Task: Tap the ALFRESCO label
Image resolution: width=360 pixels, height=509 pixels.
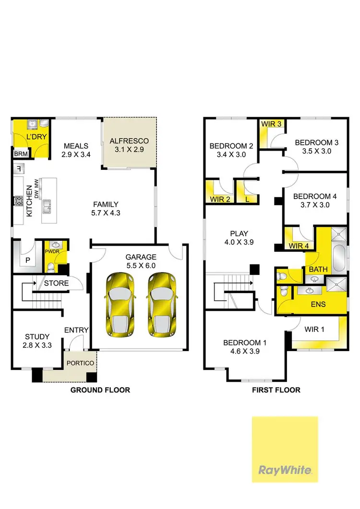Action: pyautogui.click(x=130, y=141)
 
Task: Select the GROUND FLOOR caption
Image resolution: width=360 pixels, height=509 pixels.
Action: pyautogui.click(x=100, y=390)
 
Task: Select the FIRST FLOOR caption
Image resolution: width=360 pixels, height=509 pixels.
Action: pyautogui.click(x=276, y=390)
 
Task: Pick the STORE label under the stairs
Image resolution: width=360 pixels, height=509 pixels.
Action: pyautogui.click(x=56, y=283)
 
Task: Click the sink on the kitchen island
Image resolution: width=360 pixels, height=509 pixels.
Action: pyautogui.click(x=48, y=207)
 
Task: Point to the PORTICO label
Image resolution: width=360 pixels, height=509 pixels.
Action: pyautogui.click(x=80, y=363)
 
